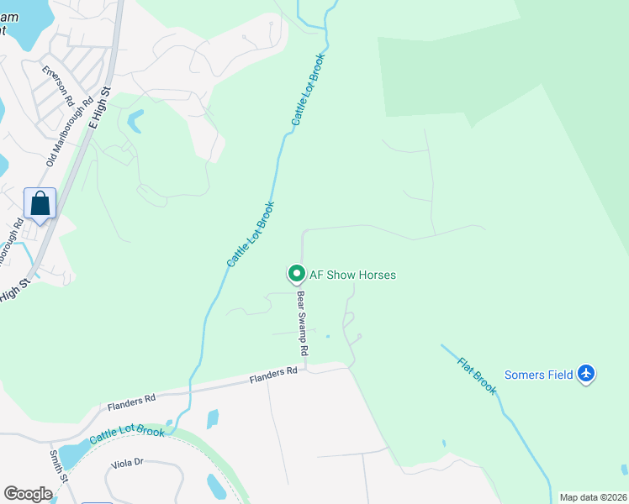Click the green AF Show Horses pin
(x=296, y=274)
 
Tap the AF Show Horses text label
(x=352, y=275)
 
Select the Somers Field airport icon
(x=586, y=375)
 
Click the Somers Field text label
(x=538, y=375)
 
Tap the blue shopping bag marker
(x=40, y=203)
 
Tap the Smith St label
(x=58, y=467)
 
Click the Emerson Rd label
(x=58, y=85)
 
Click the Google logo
(x=28, y=494)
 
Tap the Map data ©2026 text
(x=592, y=497)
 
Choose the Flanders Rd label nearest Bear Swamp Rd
(x=273, y=375)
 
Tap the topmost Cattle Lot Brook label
(x=308, y=90)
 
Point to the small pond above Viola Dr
(x=212, y=418)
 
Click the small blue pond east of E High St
(x=135, y=122)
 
